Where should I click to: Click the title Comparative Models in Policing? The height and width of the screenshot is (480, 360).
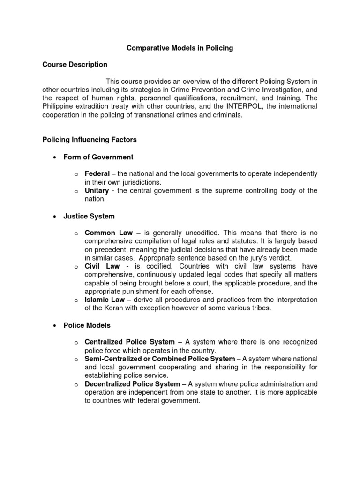pos(180,48)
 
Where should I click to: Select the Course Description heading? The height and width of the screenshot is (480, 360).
pos(75,64)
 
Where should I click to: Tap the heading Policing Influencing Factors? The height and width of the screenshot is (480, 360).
pos(90,140)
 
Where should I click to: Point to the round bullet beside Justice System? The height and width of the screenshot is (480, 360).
pos(54,217)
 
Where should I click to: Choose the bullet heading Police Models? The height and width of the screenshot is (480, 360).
pos(87,325)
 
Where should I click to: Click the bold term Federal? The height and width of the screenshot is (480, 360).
pos(97,174)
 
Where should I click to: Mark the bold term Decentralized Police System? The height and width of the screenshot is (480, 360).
pos(132,384)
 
